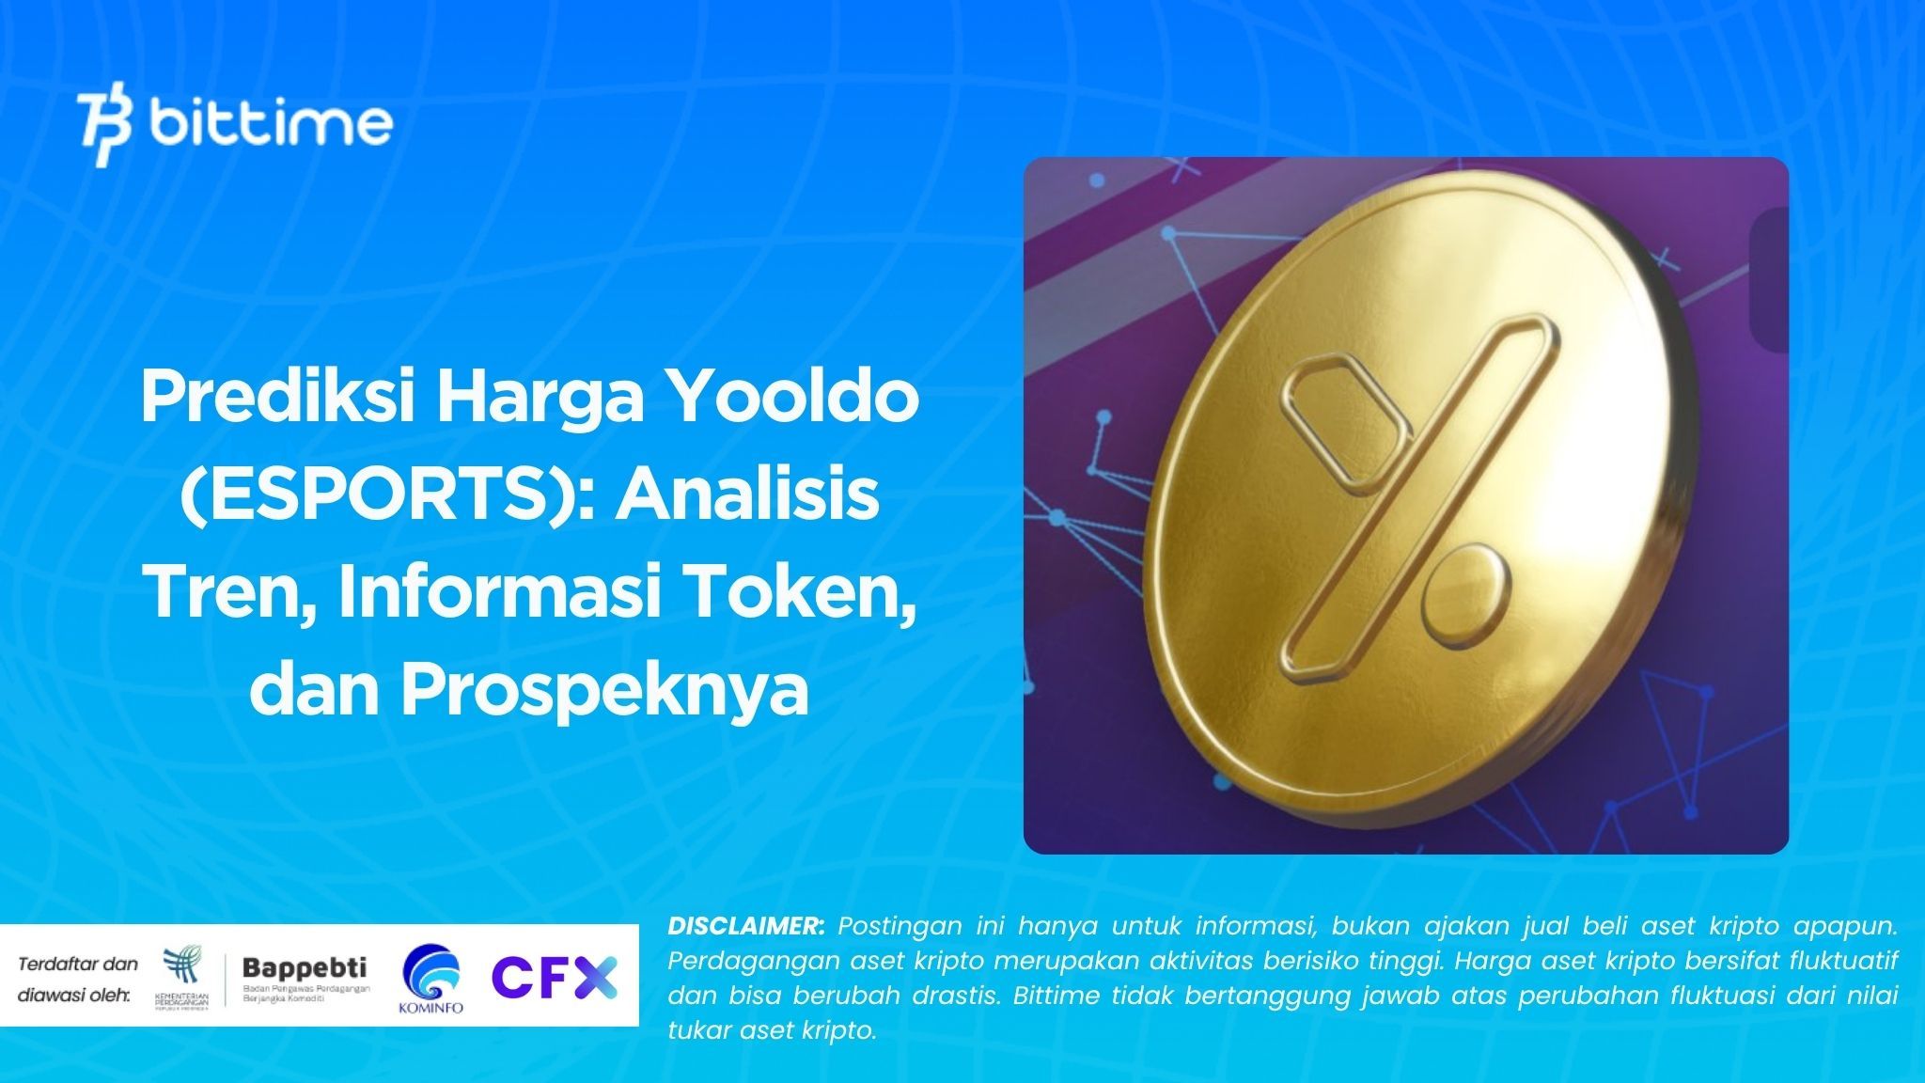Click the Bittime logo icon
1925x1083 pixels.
point(106,129)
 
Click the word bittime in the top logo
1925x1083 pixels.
point(271,124)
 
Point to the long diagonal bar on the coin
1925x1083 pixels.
point(1420,498)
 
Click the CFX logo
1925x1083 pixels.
point(555,977)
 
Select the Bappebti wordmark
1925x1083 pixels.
point(305,966)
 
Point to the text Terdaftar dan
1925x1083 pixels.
point(78,964)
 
